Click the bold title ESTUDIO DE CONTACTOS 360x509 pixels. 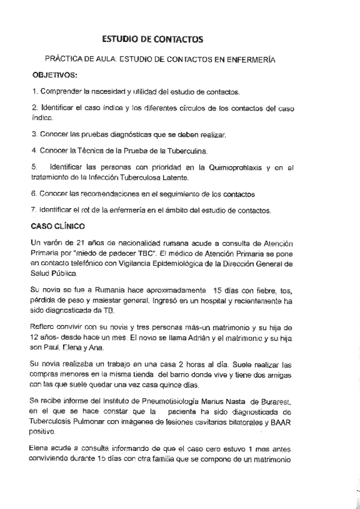pos(153,39)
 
